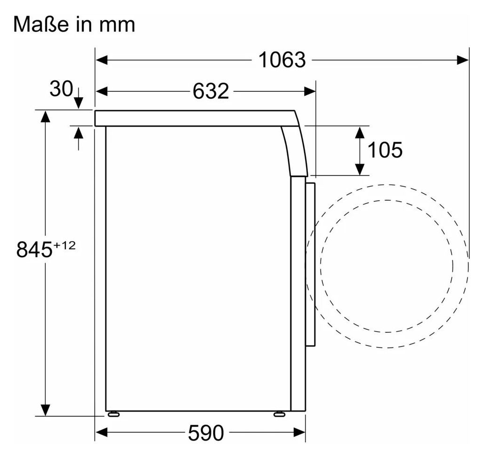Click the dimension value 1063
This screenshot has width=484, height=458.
click(x=282, y=60)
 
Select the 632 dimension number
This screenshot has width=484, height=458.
click(x=211, y=91)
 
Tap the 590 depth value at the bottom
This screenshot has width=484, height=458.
click(x=206, y=433)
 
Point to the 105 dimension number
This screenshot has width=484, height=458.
click(x=385, y=150)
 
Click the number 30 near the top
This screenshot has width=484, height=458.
click(x=61, y=89)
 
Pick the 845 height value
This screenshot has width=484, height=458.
click(x=34, y=249)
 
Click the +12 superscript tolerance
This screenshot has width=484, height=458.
click(x=65, y=245)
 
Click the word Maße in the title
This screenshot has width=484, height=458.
click(x=41, y=24)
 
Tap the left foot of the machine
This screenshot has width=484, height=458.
click(x=113, y=414)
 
